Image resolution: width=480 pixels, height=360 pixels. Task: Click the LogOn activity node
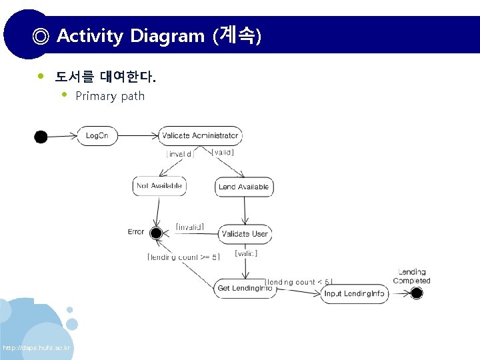97,136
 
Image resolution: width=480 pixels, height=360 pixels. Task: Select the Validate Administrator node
200,136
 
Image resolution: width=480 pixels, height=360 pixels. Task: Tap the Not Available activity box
159,186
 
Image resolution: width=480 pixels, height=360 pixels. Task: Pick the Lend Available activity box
244,187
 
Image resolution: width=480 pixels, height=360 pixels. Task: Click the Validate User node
245,234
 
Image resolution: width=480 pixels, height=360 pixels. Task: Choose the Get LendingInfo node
245,289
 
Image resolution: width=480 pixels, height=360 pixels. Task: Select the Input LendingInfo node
354,293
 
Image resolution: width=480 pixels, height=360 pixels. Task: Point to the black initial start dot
41,137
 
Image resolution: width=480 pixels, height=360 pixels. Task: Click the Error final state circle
156,233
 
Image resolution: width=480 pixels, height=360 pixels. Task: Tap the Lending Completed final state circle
417,293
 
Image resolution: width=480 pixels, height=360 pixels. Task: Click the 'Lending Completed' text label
412,276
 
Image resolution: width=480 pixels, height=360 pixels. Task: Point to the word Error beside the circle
136,232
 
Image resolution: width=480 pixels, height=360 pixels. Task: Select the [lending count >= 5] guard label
183,257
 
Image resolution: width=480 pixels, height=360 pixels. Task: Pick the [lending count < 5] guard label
299,282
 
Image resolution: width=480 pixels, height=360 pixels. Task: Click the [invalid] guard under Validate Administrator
180,154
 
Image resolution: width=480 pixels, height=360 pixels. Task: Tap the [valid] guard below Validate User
246,253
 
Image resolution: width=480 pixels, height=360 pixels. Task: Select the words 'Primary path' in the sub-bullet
110,96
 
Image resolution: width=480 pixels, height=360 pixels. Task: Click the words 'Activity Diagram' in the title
131,35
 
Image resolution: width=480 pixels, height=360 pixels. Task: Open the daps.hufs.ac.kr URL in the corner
37,349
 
